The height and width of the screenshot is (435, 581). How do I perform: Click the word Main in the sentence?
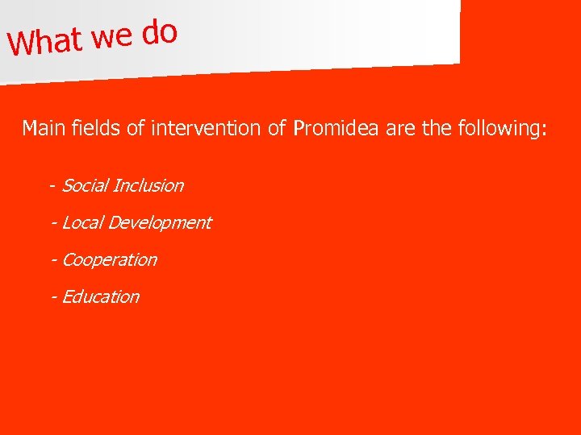click(40, 128)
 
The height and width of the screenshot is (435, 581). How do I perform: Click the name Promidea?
click(336, 128)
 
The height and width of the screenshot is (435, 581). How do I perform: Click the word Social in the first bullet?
click(85, 185)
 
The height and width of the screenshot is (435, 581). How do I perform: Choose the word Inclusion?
click(148, 185)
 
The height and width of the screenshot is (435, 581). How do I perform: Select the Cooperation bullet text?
click(109, 259)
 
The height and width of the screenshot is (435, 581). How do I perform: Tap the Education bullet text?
click(100, 296)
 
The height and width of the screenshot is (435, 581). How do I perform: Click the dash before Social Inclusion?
click(52, 186)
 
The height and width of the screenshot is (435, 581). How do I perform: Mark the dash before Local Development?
click(53, 223)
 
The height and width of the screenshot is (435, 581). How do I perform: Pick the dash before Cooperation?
click(53, 260)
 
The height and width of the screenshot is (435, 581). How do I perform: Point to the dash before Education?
click(53, 297)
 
